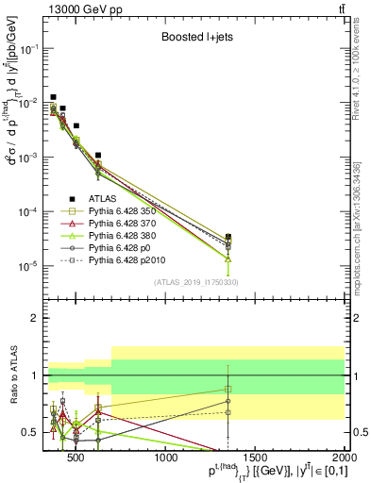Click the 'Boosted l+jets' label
197,40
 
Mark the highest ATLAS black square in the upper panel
54,96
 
